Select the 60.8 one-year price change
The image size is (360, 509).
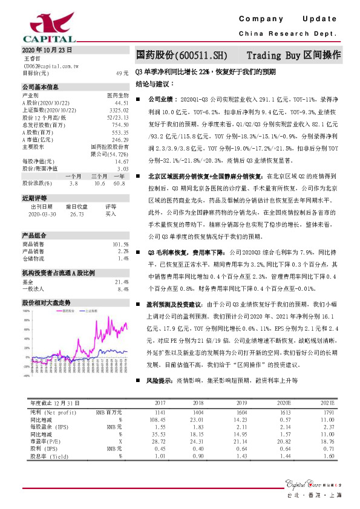[x=119, y=183]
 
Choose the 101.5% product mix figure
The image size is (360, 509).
[x=121, y=244]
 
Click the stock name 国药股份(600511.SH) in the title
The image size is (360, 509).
[x=182, y=54]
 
